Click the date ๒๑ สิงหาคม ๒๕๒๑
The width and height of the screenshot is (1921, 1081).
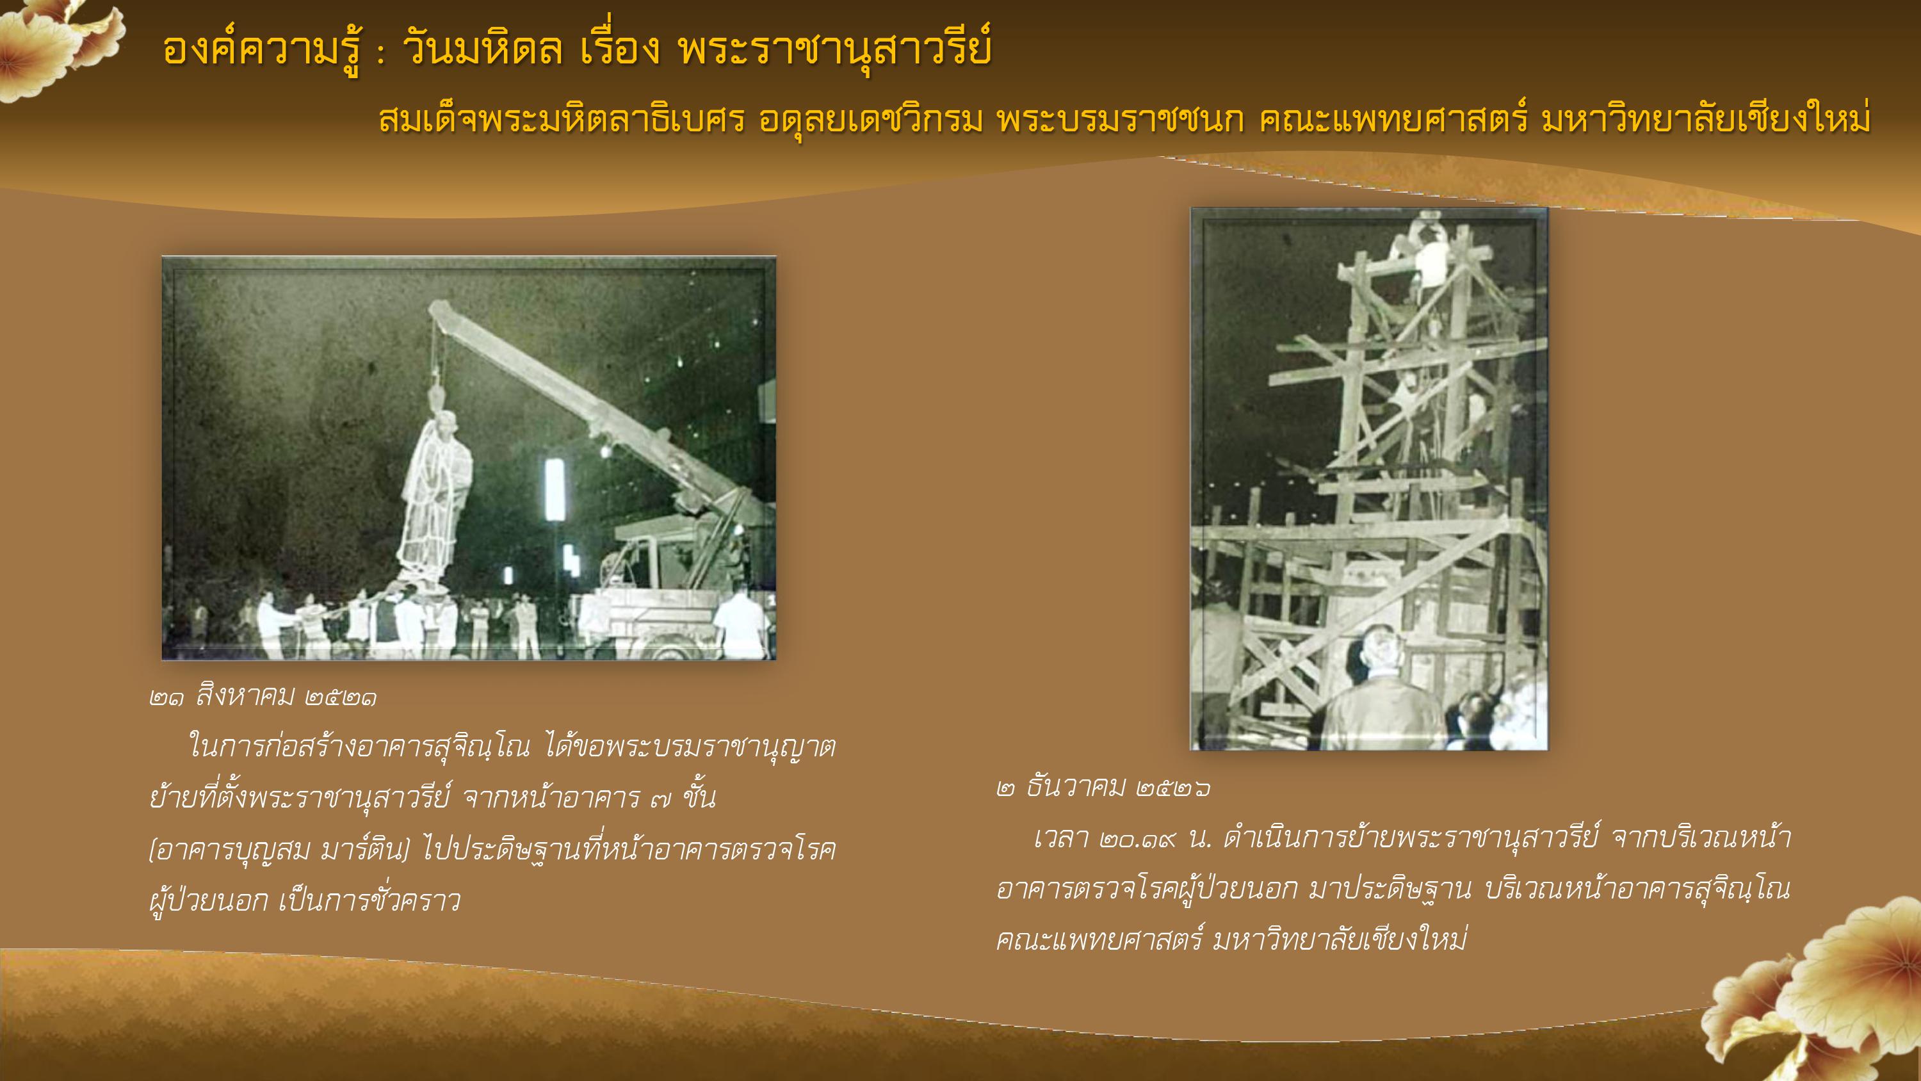pos(263,697)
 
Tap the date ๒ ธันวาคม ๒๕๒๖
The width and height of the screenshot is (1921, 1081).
pos(1104,788)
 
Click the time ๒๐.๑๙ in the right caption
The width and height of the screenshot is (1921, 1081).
pos(1137,840)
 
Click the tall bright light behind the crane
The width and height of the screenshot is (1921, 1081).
pos(554,489)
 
